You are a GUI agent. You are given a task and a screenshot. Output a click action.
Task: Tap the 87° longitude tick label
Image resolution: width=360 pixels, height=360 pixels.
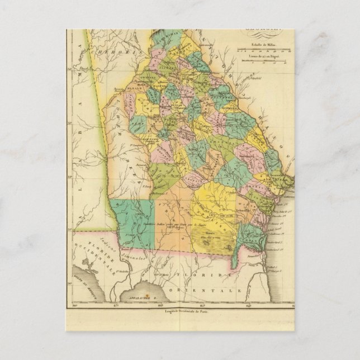pyautogui.click(x=116, y=306)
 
